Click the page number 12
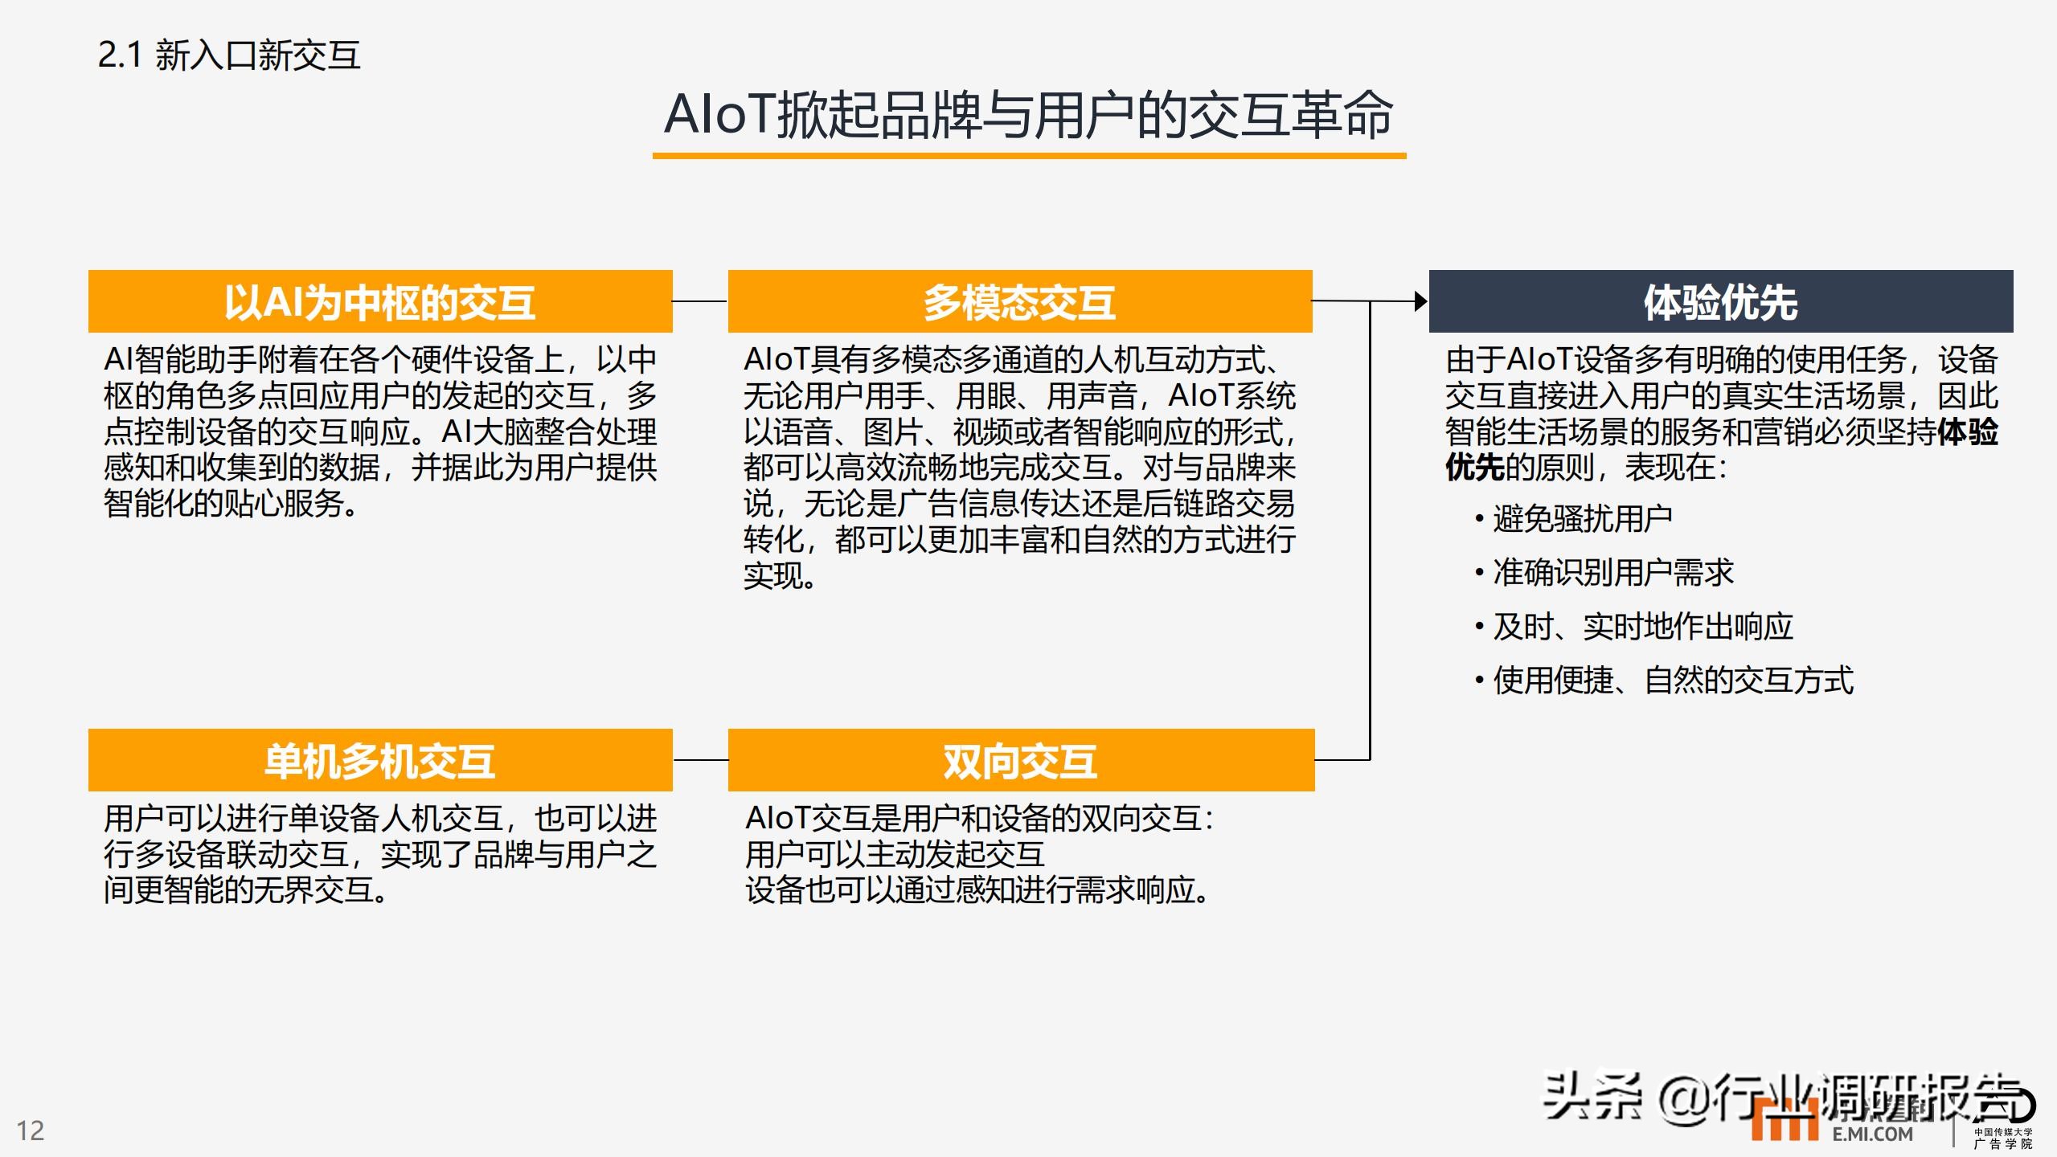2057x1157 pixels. [x=31, y=1130]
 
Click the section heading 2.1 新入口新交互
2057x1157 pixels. [x=229, y=55]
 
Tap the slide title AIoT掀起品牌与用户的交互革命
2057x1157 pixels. [x=1028, y=114]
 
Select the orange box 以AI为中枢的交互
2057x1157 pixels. [x=380, y=301]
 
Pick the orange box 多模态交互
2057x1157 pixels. [x=1020, y=301]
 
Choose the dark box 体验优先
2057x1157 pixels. [x=1721, y=301]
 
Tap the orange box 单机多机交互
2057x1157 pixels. [x=380, y=760]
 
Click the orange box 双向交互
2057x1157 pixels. [x=1022, y=760]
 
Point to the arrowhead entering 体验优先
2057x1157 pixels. [x=1422, y=301]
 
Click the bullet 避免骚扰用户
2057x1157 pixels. [x=1574, y=518]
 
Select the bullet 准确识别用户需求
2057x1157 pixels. [x=1604, y=572]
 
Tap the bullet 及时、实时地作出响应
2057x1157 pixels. [x=1634, y=626]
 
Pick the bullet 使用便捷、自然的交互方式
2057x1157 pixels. [x=1664, y=680]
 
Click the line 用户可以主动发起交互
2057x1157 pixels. [x=895, y=854]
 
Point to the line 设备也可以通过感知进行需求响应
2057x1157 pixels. [x=977, y=890]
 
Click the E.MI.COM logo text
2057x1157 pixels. [x=1873, y=1134]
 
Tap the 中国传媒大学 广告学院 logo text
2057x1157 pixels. [x=2003, y=1138]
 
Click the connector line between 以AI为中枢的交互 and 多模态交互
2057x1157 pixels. [x=700, y=301]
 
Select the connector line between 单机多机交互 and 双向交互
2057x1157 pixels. [x=700, y=760]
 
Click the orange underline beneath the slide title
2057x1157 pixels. [x=1029, y=155]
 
